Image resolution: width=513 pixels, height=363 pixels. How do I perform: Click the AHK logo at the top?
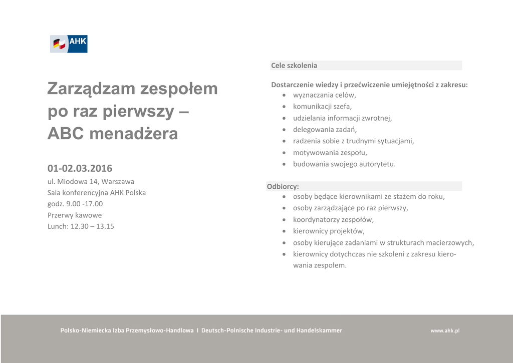coord(69,44)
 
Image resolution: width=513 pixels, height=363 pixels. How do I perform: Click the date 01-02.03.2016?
coord(80,168)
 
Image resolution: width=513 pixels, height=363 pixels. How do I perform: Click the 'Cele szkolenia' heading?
coord(294,66)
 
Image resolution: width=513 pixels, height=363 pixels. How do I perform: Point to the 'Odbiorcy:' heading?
coord(283,186)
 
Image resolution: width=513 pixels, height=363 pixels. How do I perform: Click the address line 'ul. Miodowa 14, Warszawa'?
coord(91,181)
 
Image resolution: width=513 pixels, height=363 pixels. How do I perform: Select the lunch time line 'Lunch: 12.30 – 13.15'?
coord(81,226)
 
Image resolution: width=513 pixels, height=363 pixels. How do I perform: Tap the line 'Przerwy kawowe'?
coord(75,215)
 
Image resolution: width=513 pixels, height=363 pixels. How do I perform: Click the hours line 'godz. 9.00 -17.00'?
coord(75,204)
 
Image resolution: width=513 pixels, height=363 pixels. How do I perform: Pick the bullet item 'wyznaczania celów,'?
coord(324,95)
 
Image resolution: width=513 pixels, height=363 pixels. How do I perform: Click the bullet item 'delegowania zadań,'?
coord(325,129)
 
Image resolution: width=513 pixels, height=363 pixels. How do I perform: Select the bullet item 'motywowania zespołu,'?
coord(330,152)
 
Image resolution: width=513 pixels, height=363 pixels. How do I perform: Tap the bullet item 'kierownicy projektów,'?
coord(329,231)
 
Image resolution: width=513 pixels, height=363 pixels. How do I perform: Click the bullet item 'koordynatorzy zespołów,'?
coord(333,219)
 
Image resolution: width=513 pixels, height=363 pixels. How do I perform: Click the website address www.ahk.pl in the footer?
coord(445,331)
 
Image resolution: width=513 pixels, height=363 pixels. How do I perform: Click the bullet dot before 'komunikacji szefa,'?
coord(284,107)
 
